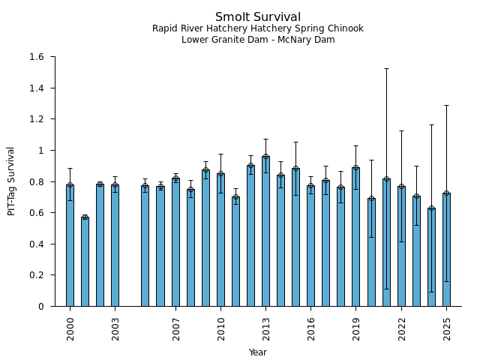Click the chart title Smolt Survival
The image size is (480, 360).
point(258,17)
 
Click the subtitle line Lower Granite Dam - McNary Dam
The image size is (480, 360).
point(258,40)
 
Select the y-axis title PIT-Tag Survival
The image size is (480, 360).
point(11,181)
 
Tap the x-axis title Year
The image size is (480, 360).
point(258,352)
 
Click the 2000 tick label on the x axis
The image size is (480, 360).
point(70,328)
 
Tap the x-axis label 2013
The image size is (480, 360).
point(266,328)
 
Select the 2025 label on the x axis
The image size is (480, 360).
point(447,328)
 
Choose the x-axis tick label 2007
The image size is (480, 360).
point(175,328)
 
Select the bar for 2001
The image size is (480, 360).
point(85,262)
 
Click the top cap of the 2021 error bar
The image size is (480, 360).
point(386,68)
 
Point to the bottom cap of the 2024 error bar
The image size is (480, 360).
point(431,292)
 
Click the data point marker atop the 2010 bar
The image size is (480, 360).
point(220,174)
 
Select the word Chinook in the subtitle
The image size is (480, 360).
point(346,28)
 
